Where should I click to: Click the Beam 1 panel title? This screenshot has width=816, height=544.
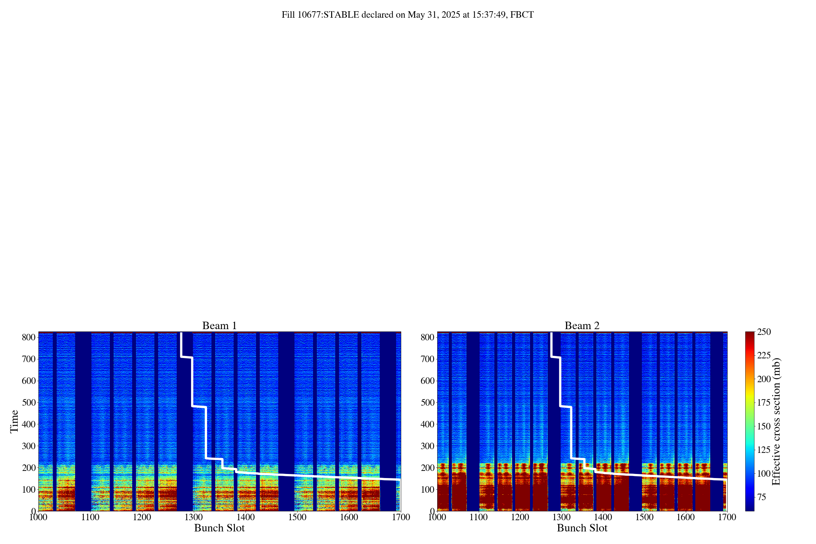click(x=219, y=326)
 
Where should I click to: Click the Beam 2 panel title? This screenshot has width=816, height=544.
click(x=582, y=326)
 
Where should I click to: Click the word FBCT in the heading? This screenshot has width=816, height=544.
click(x=522, y=15)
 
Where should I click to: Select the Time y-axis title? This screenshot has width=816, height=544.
click(x=14, y=421)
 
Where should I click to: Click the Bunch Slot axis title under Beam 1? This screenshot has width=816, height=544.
click(x=219, y=528)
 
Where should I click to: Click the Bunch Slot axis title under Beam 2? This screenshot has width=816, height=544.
click(x=582, y=528)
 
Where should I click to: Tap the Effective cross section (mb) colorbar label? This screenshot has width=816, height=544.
click(x=776, y=421)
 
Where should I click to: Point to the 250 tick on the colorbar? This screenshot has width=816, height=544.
click(x=764, y=332)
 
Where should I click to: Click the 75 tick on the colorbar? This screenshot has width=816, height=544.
click(x=762, y=497)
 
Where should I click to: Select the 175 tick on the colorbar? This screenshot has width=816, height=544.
click(x=764, y=403)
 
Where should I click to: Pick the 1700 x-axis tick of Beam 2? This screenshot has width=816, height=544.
click(x=727, y=517)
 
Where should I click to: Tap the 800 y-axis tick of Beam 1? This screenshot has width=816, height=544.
click(x=29, y=337)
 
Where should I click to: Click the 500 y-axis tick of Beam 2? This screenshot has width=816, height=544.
click(x=427, y=403)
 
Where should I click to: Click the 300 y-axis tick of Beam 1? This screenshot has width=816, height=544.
click(x=29, y=446)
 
